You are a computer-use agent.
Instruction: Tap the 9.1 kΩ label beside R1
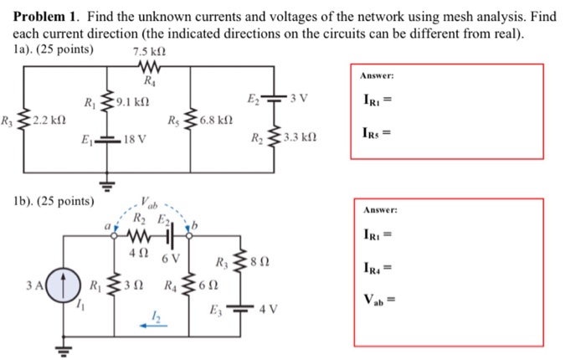tap(135, 103)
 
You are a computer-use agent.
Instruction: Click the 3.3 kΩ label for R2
tap(301, 136)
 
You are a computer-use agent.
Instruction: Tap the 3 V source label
tap(300, 100)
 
